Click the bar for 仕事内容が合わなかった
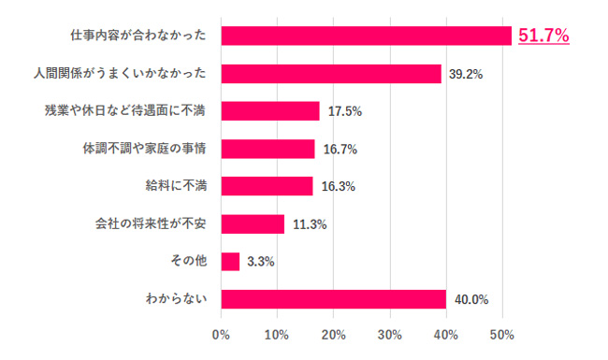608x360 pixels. pyautogui.click(x=366, y=36)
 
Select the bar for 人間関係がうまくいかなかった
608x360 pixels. pyautogui.click(x=330, y=73)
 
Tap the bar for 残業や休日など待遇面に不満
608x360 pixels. pyautogui.click(x=270, y=111)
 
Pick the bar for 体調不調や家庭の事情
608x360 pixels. pyautogui.click(x=268, y=149)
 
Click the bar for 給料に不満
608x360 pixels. pyautogui.click(x=267, y=186)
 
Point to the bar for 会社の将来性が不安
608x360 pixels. pyautogui.click(x=253, y=223)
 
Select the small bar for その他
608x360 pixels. pyautogui.click(x=230, y=261)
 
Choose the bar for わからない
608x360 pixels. pyautogui.click(x=333, y=299)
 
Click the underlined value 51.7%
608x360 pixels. pyautogui.click(x=544, y=36)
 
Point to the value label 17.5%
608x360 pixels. pyautogui.click(x=344, y=112)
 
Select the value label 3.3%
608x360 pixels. pyautogui.click(x=260, y=263)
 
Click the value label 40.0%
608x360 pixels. pyautogui.click(x=470, y=300)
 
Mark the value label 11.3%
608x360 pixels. pyautogui.click(x=310, y=224)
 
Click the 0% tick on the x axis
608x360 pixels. pyautogui.click(x=222, y=335)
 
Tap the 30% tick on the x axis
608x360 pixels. pyautogui.click(x=390, y=335)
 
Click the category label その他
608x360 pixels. pyautogui.click(x=191, y=261)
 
